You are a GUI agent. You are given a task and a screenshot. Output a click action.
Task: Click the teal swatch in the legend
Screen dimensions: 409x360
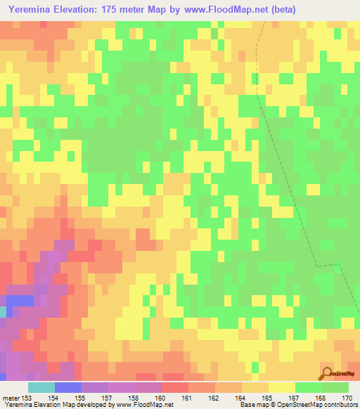41,387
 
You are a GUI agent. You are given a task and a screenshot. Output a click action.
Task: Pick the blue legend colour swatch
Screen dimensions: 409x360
68,387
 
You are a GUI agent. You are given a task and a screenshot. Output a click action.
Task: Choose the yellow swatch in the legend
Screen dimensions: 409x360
282,387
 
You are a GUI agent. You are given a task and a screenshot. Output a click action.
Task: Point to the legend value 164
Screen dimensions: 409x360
240,398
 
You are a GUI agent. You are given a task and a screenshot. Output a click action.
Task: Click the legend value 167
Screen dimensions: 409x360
293,398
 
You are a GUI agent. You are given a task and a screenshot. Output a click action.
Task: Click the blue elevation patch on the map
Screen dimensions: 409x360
20,300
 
